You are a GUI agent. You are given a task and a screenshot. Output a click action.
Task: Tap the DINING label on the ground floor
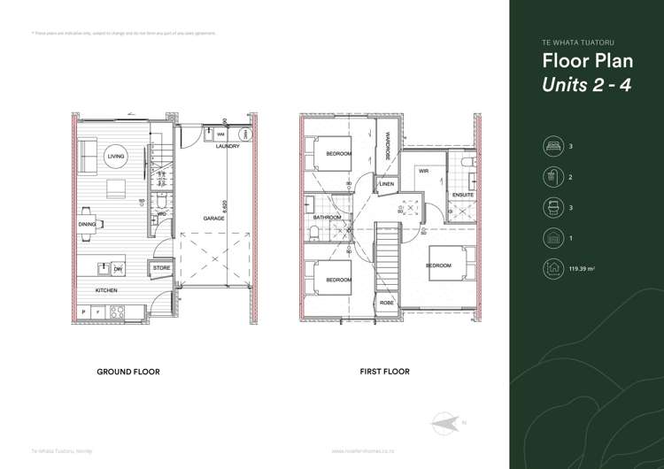click(x=87, y=226)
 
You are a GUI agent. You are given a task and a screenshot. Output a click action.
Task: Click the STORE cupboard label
click(x=160, y=266)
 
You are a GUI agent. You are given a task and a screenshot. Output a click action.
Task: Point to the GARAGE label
click(x=213, y=218)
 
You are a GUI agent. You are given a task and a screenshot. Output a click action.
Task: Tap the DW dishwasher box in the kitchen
click(x=117, y=268)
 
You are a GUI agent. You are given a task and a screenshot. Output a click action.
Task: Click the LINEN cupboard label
click(x=386, y=184)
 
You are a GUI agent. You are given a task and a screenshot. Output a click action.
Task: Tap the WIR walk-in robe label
click(x=423, y=172)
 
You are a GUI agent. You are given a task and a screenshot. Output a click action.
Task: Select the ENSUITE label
click(x=462, y=195)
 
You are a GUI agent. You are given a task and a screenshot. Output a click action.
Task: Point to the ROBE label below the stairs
click(x=386, y=303)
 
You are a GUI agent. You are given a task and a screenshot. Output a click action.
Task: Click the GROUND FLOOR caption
click(x=128, y=372)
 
